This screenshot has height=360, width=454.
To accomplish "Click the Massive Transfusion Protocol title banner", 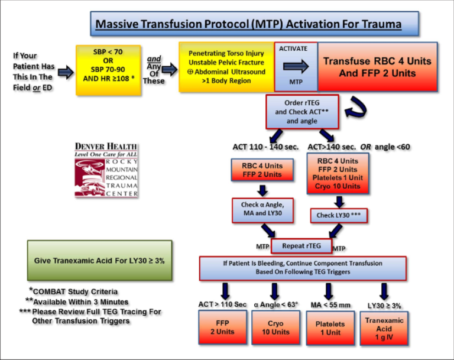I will (x=255, y=25).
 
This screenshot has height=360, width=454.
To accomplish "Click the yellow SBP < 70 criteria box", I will (x=108, y=69).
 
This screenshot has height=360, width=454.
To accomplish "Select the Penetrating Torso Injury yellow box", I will (x=226, y=66).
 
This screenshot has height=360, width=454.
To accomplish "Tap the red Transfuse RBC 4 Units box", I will (x=377, y=67).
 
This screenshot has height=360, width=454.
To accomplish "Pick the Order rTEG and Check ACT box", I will (x=302, y=111).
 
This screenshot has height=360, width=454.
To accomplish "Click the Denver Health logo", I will (x=106, y=170).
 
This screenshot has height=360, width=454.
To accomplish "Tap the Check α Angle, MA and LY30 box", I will (x=258, y=209).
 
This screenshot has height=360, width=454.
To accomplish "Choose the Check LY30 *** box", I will (x=338, y=215).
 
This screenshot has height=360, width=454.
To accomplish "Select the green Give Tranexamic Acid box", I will (x=99, y=260).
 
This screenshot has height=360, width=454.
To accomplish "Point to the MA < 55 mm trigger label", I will (x=329, y=303).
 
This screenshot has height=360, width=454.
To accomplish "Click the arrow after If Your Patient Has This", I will (x=65, y=72).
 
